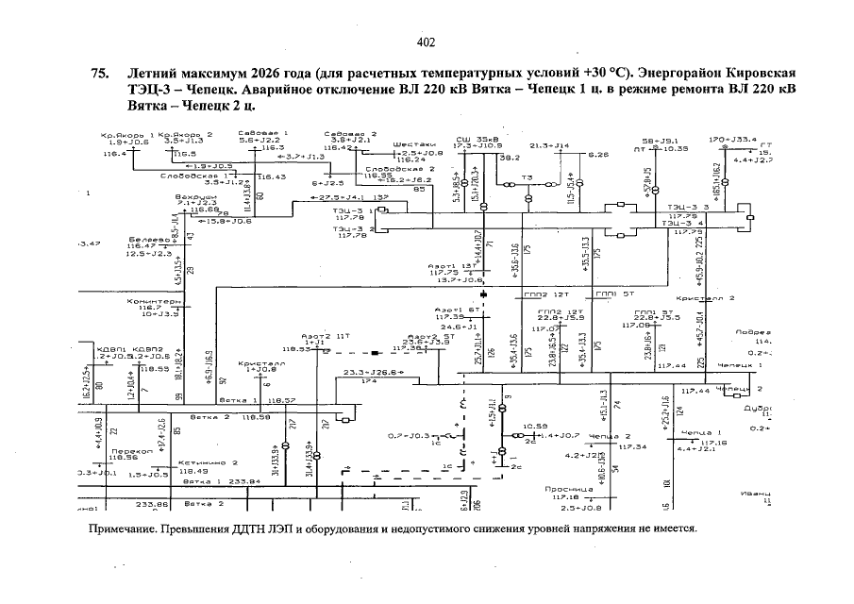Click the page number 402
coord(426,42)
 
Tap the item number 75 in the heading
coord(97,74)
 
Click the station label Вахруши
coord(195,196)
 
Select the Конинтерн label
coord(152,300)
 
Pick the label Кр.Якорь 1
coord(126,135)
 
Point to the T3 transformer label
coord(527,176)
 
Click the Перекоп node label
coord(126,452)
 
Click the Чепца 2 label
coord(609,436)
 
